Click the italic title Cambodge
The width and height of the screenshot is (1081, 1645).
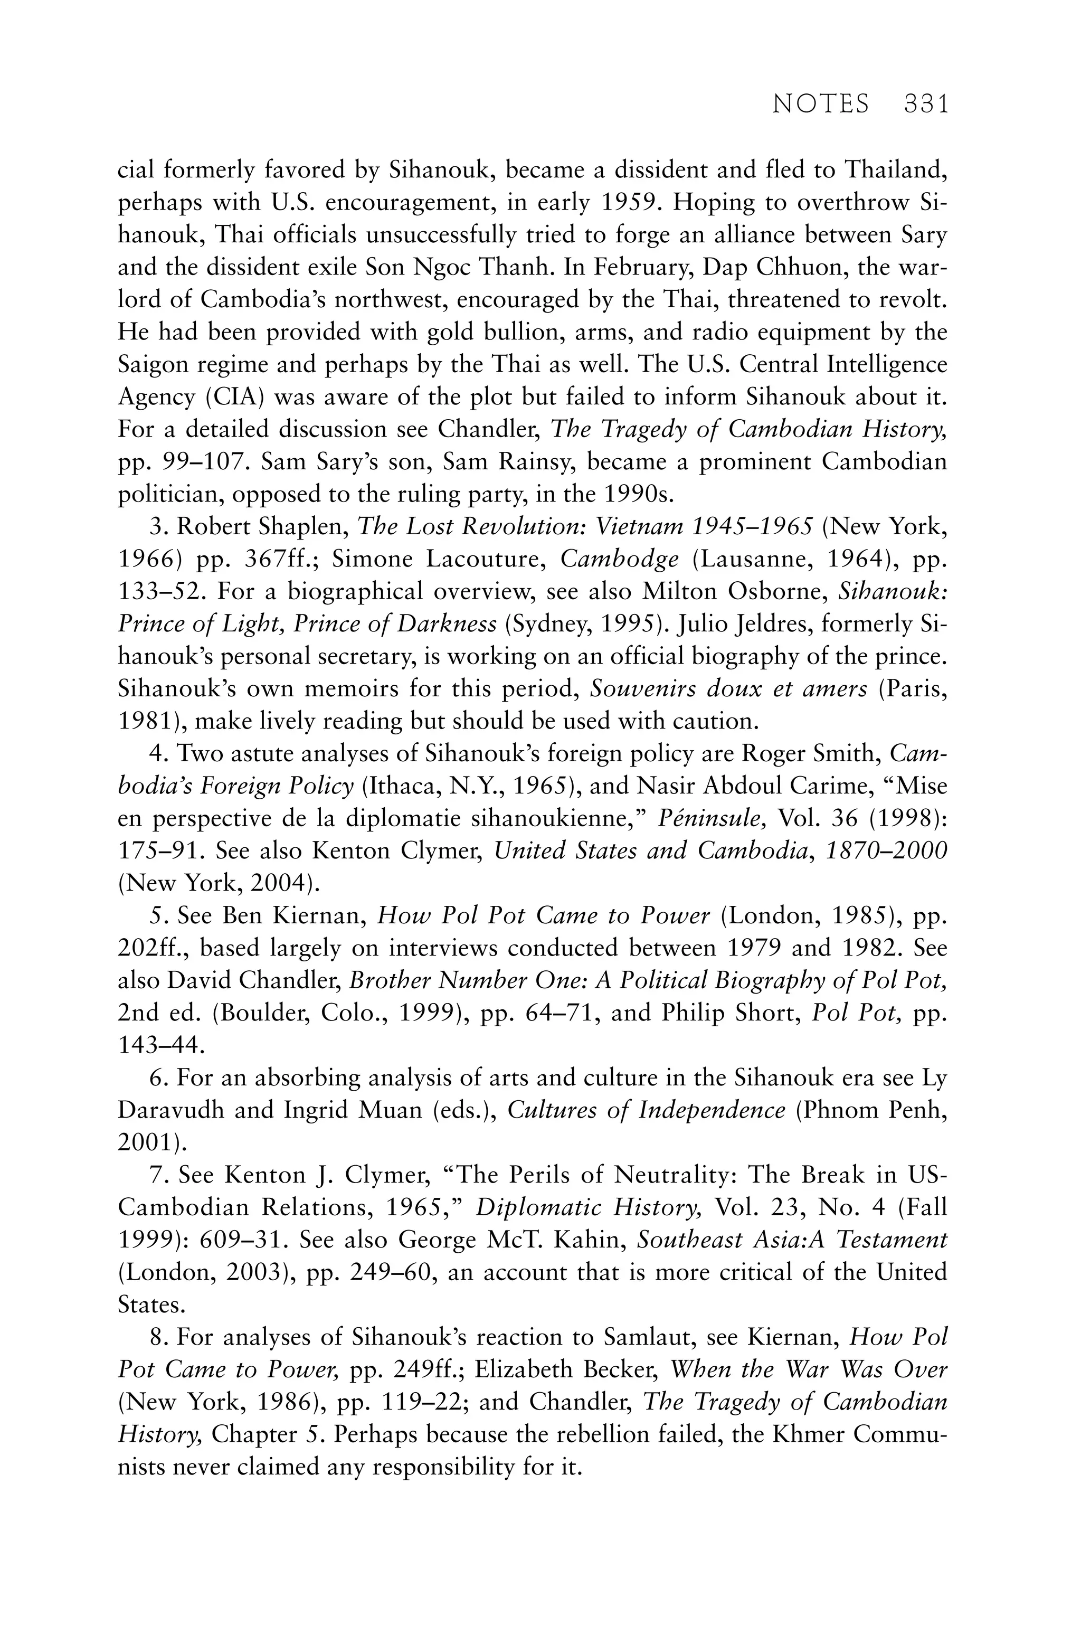[619, 559]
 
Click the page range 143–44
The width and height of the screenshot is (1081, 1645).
[160, 1045]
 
